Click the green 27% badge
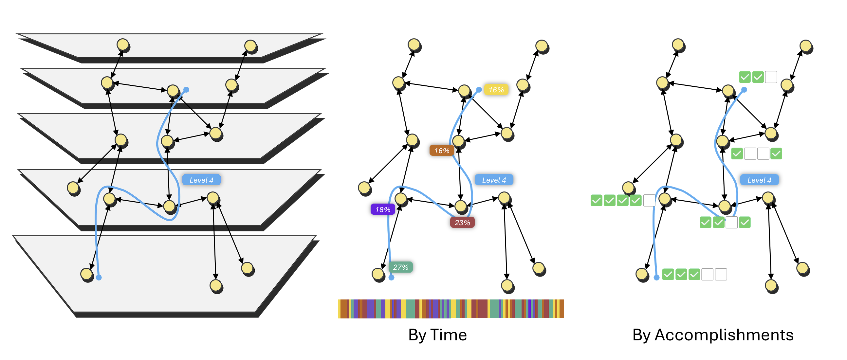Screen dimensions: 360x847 [x=400, y=267]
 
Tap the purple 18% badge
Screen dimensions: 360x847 [x=383, y=209]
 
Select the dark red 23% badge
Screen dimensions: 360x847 [x=462, y=223]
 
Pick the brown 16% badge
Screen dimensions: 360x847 [x=442, y=150]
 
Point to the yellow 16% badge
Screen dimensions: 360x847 [x=496, y=90]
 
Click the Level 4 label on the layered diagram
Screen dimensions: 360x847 [x=201, y=180]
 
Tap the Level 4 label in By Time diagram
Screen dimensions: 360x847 [x=493, y=180]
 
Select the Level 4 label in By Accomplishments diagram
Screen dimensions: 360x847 [x=759, y=180]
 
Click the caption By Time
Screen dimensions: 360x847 [x=437, y=335]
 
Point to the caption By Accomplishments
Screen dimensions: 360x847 [x=713, y=335]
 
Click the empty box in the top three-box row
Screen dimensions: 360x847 [x=771, y=77]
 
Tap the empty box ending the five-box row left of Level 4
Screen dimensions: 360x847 [x=649, y=200]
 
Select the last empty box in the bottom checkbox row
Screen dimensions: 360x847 [x=721, y=274]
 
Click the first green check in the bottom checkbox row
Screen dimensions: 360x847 [x=668, y=274]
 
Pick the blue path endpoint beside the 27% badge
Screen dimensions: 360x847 [x=391, y=278]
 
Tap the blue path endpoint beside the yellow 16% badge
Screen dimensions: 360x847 [x=479, y=89]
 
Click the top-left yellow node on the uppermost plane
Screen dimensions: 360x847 [x=123, y=45]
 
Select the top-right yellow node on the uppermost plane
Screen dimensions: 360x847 [x=250, y=46]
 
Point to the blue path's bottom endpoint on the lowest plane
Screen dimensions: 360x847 [x=99, y=278]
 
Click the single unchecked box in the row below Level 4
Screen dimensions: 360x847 [x=732, y=223]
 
